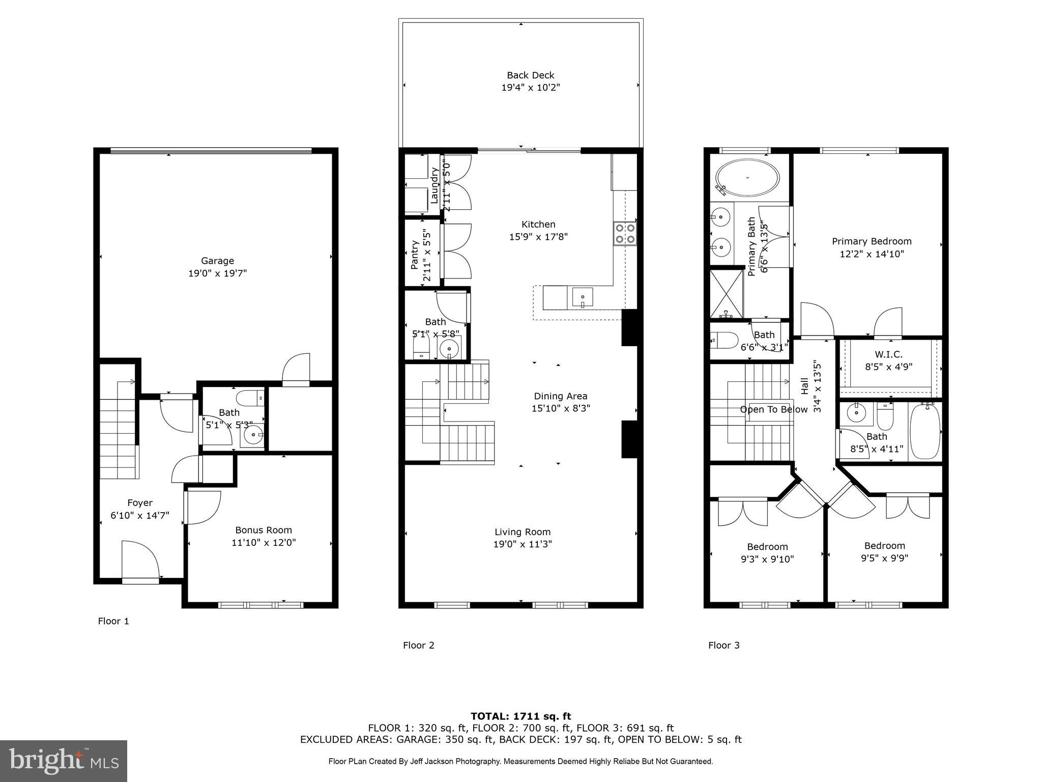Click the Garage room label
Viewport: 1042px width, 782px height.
point(217,261)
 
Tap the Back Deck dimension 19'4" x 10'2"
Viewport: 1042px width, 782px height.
point(530,88)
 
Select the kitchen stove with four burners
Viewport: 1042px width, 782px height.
point(625,234)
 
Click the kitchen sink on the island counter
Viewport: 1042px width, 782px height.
point(583,297)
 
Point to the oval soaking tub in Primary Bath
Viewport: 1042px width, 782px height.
point(747,178)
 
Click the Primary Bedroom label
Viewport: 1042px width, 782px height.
point(871,241)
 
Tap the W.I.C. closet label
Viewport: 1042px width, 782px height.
point(888,354)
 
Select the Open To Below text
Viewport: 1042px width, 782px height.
point(773,409)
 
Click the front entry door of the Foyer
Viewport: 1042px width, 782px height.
point(140,563)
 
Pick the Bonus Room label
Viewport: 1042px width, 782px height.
point(263,530)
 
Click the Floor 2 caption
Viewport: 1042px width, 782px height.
point(418,645)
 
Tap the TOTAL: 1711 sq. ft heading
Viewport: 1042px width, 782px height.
point(520,716)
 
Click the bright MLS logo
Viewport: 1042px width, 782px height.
point(64,761)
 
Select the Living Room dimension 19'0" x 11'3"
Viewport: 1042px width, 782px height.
point(522,544)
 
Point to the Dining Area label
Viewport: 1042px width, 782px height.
point(560,396)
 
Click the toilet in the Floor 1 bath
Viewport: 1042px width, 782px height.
point(250,397)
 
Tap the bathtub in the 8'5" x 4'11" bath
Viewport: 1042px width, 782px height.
point(925,431)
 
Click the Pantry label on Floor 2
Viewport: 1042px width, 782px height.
point(415,255)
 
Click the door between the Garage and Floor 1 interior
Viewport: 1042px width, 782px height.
point(296,370)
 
